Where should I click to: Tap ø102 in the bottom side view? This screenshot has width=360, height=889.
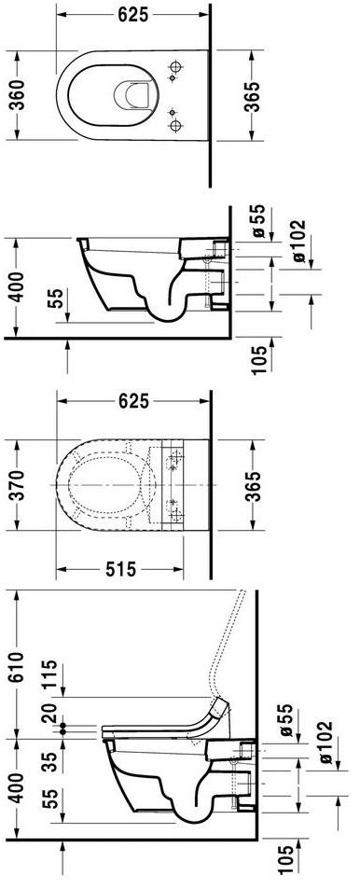[325, 743]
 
